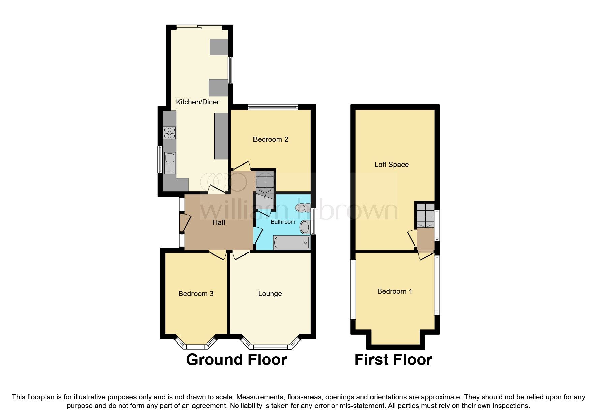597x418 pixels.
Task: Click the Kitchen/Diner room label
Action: point(198,102)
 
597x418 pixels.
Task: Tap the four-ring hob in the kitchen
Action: point(169,132)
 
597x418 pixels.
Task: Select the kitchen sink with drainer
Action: point(170,162)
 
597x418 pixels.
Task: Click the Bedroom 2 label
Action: point(270,139)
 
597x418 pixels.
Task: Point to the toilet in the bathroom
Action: point(302,208)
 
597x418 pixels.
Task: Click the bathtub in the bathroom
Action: point(292,242)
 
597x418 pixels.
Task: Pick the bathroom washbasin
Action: point(305,227)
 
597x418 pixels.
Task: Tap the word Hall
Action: point(219,222)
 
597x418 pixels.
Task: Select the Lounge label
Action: point(270,294)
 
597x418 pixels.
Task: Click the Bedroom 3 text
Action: point(196,294)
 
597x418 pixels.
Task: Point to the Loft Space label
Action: point(391,165)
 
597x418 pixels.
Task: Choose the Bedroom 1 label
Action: point(394,291)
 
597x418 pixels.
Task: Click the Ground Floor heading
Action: point(236,360)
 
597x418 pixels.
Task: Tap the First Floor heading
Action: point(393,360)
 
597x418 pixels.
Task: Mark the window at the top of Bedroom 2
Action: point(272,107)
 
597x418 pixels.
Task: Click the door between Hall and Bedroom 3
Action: point(217,255)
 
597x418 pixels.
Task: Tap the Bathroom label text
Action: point(283,222)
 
